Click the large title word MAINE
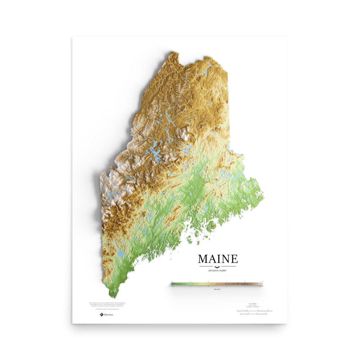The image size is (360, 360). (x=218, y=259)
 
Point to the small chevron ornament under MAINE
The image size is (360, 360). (x=218, y=266)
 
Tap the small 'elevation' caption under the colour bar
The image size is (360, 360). (x=217, y=289)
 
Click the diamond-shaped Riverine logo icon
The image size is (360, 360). (x=102, y=315)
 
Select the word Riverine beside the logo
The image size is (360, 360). (x=109, y=315)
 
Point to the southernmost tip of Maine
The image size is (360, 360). (x=113, y=297)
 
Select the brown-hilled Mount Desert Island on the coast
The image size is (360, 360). (x=212, y=226)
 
